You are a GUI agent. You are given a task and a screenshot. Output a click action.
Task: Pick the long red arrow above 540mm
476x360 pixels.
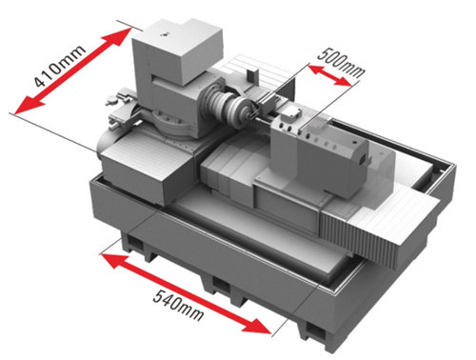coord(185,287)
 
